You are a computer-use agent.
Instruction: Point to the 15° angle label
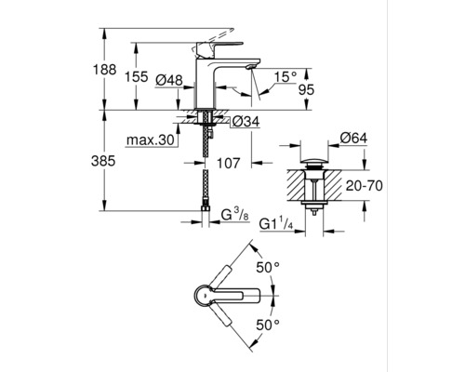point(286,74)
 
